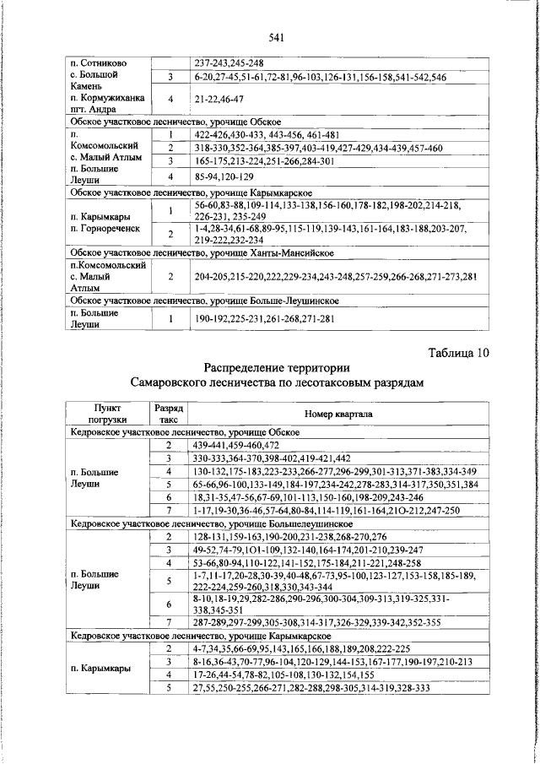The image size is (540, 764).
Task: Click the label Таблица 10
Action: [x=459, y=353]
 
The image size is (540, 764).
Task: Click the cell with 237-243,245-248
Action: [x=229, y=63]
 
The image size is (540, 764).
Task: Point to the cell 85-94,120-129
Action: [x=224, y=176]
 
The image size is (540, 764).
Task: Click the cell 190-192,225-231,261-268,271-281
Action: [x=265, y=320]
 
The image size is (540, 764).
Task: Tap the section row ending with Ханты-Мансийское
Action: [x=202, y=252]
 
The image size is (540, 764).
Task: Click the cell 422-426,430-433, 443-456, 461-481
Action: [x=266, y=135]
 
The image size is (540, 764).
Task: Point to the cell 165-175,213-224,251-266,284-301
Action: [x=264, y=161]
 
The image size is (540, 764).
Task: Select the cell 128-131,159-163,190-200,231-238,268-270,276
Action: [x=289, y=536]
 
